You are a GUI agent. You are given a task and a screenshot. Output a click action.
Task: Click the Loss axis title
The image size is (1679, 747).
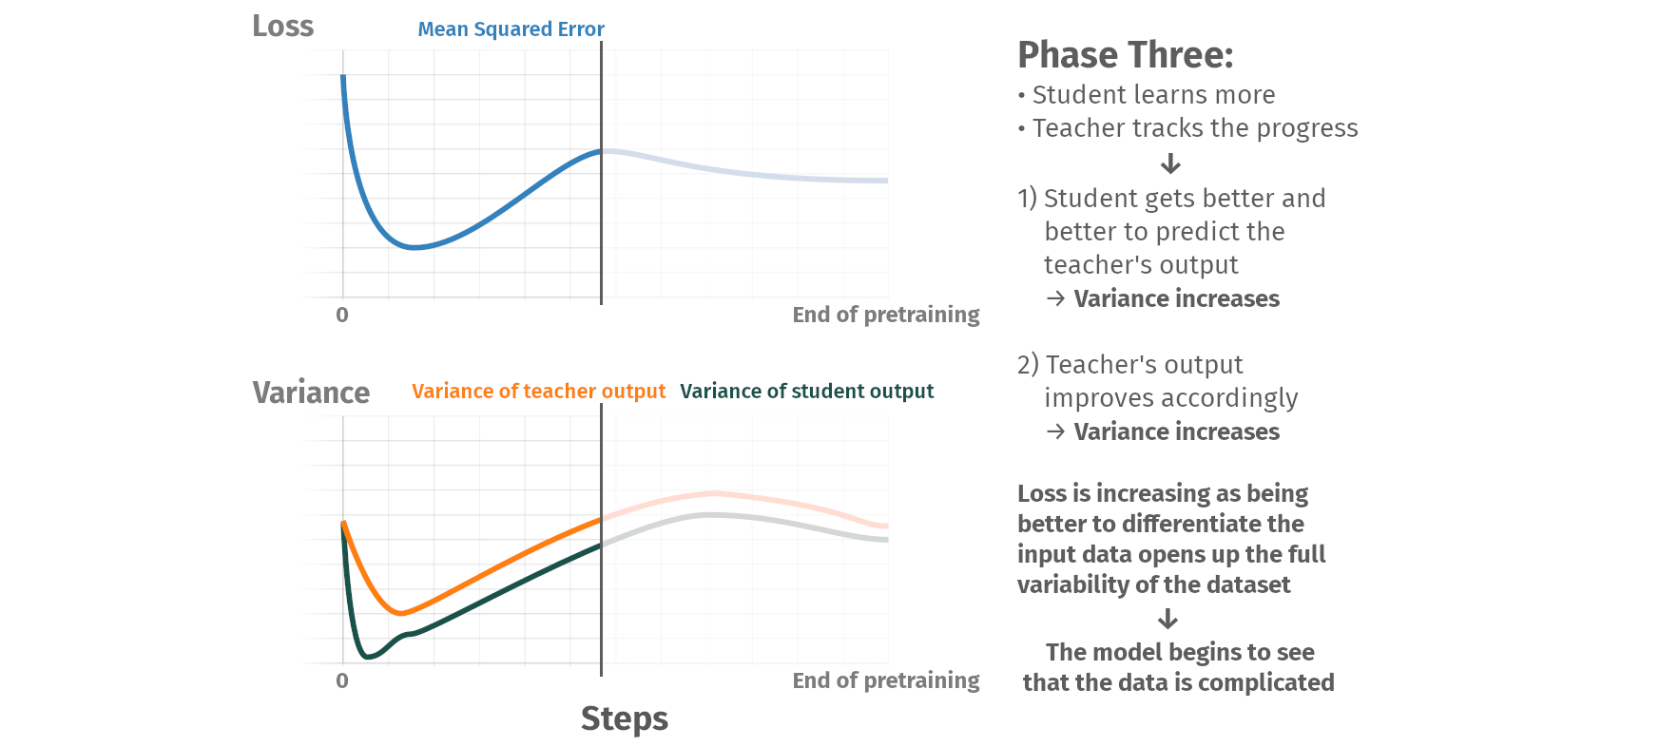pyautogui.click(x=282, y=26)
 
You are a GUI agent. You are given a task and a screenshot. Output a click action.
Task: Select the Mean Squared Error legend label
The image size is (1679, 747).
pyautogui.click(x=511, y=29)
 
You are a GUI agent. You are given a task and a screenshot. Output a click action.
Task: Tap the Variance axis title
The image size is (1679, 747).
pyautogui.click(x=311, y=393)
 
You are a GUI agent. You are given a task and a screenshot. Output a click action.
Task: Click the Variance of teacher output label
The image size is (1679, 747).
pyautogui.click(x=538, y=392)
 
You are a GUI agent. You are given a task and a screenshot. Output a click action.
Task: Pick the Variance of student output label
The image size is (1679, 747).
pyautogui.click(x=806, y=392)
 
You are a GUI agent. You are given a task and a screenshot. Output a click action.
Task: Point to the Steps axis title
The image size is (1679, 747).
pyautogui.click(x=624, y=719)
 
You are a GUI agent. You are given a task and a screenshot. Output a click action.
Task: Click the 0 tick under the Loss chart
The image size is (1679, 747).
pyautogui.click(x=342, y=315)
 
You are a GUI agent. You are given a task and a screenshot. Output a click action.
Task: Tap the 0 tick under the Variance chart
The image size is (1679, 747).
pyautogui.click(x=342, y=680)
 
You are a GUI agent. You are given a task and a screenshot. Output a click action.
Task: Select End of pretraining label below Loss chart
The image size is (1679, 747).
pyautogui.click(x=885, y=315)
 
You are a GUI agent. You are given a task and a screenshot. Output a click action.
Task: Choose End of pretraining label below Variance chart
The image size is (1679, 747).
pyautogui.click(x=885, y=680)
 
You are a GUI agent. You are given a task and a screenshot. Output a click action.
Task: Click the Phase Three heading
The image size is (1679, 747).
pyautogui.click(x=1125, y=55)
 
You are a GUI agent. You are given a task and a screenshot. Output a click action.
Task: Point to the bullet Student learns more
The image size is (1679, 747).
pyautogui.click(x=1147, y=95)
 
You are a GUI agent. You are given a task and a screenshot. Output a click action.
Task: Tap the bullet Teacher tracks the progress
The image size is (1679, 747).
pyautogui.click(x=1187, y=128)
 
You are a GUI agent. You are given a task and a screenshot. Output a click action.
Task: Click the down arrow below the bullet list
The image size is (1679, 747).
pyautogui.click(x=1170, y=163)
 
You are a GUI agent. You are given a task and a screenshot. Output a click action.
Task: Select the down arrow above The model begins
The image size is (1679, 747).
pyautogui.click(x=1168, y=620)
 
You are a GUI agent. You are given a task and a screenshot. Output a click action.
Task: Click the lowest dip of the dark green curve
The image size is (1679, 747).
pyautogui.click(x=368, y=656)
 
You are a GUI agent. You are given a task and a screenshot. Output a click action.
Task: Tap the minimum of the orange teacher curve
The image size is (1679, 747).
pyautogui.click(x=401, y=613)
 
